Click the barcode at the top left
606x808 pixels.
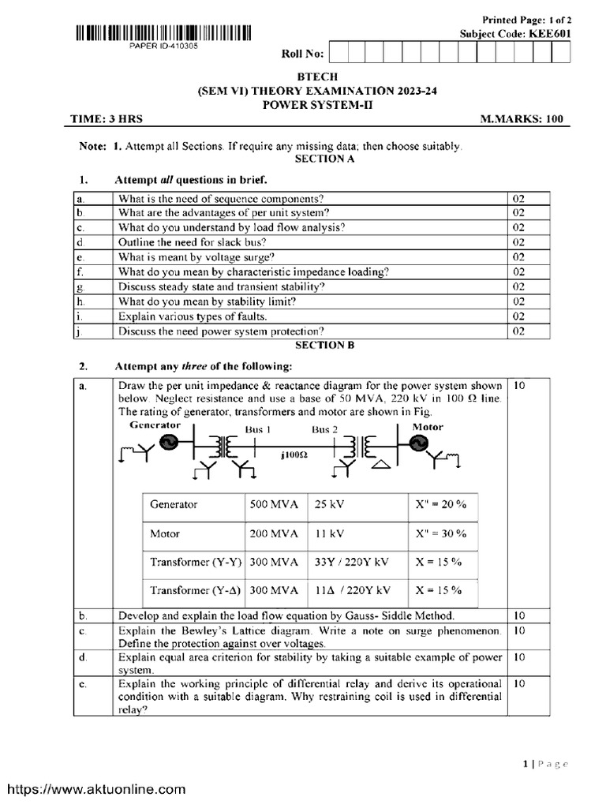tap(164, 33)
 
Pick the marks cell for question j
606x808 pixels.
tap(518, 331)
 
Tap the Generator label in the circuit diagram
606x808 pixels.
tap(155, 425)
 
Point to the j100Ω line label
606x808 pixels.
tap(293, 456)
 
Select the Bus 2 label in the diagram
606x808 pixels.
tap(324, 430)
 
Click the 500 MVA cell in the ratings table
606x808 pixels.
tap(274, 504)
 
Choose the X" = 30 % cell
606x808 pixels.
tap(443, 533)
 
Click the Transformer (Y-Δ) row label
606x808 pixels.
tap(194, 590)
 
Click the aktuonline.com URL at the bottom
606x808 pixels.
tap(96, 788)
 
